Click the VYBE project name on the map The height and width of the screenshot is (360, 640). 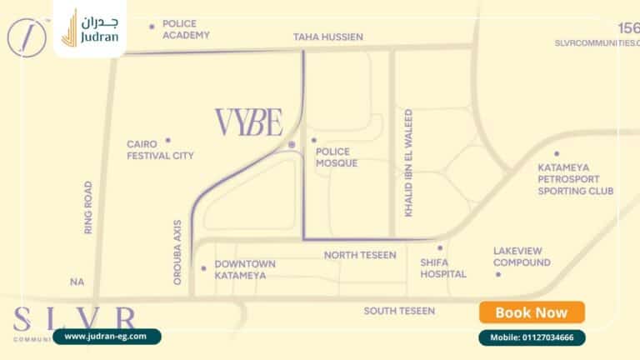[249, 122]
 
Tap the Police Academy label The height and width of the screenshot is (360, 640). [186, 30]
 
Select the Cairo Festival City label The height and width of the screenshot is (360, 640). [160, 150]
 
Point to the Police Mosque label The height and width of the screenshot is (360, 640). [337, 157]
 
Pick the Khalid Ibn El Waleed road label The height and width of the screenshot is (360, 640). [408, 162]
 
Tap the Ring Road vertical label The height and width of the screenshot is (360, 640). [88, 207]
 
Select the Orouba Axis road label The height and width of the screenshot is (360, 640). [177, 253]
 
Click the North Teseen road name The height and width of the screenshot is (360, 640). [360, 255]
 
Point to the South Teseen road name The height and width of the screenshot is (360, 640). [399, 311]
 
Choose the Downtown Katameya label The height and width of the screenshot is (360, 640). [245, 269]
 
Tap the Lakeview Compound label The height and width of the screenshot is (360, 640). [522, 257]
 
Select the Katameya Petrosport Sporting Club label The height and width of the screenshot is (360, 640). [575, 179]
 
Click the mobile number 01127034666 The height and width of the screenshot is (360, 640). [532, 337]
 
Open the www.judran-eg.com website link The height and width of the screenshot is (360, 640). [106, 336]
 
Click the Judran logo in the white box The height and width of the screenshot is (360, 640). [90, 28]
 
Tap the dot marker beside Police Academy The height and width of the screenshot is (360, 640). [152, 27]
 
